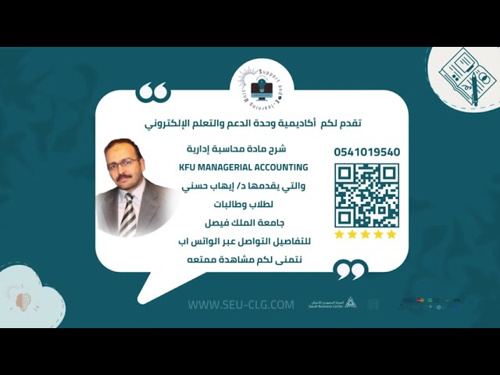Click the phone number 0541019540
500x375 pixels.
click(x=366, y=152)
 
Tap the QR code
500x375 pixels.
click(x=366, y=195)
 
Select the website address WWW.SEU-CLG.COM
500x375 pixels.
click(x=241, y=304)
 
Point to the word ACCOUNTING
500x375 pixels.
click(x=280, y=167)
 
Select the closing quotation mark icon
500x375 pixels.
click(x=350, y=270)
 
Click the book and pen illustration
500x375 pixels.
click(x=468, y=75)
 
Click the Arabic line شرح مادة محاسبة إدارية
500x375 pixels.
click(x=244, y=148)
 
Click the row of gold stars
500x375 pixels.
click(x=366, y=234)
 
